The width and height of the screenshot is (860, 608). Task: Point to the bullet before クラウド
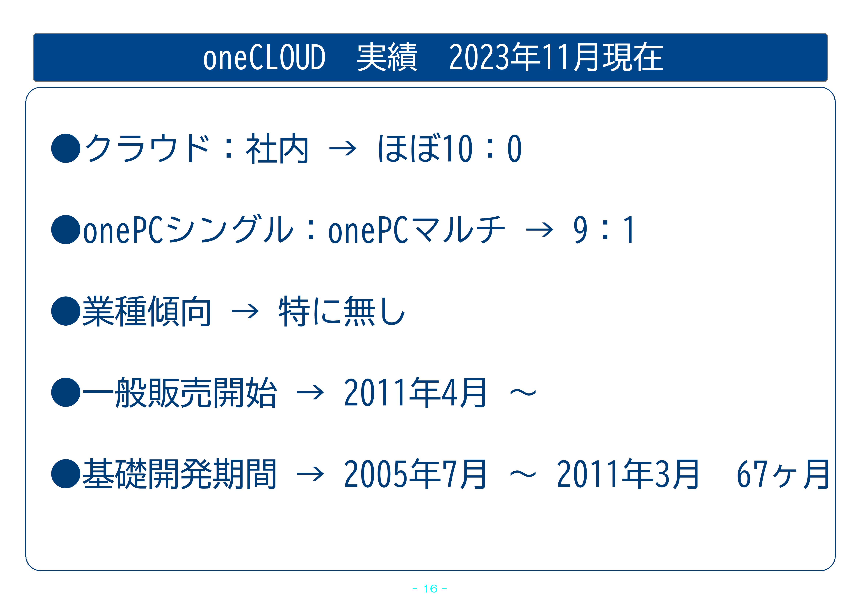[x=66, y=148]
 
